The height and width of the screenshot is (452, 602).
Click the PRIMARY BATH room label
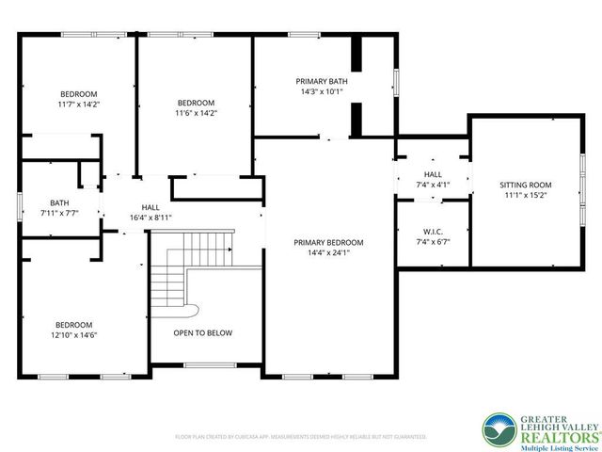(323, 82)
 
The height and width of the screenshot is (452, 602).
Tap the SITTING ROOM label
(525, 186)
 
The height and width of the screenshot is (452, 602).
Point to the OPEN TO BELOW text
(202, 332)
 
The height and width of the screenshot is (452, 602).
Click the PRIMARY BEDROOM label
(328, 242)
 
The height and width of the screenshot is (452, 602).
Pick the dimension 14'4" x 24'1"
(328, 252)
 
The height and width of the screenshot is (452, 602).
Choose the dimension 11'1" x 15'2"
(525, 196)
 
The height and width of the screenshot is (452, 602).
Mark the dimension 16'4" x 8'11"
(150, 218)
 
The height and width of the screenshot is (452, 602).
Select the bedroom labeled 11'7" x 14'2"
(78, 94)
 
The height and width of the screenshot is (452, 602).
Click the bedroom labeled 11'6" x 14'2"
(196, 103)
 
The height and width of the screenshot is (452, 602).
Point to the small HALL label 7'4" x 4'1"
(433, 175)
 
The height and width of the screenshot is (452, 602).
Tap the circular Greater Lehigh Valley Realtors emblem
(498, 431)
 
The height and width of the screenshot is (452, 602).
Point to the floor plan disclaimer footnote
(300, 437)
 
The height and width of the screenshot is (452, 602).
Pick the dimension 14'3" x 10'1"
(323, 92)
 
